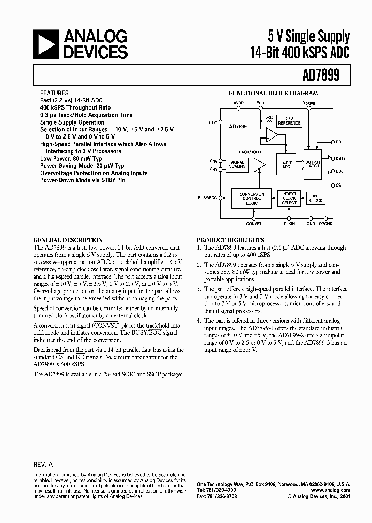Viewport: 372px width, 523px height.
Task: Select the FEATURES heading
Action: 54,94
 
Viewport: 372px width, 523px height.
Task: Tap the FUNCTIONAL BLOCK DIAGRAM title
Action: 273,94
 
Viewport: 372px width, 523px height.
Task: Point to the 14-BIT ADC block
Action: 286,165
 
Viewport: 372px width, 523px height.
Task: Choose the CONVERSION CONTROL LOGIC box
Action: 252,198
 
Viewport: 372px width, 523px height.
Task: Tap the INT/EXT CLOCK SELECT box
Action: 289,198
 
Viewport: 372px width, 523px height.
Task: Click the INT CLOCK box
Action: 316,198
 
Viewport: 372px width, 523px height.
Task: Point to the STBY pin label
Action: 212,122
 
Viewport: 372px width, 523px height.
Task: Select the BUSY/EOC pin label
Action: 208,198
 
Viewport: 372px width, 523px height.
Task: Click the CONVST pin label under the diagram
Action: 254,223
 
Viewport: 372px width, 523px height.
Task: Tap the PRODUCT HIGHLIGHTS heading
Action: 227,240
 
